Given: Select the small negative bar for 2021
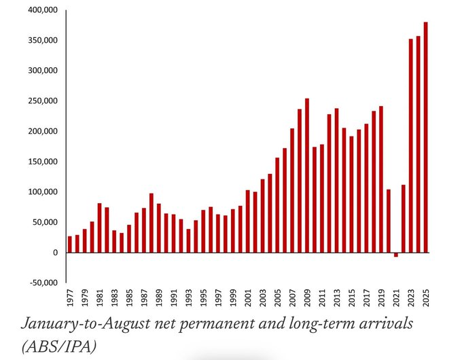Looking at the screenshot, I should coord(396,255).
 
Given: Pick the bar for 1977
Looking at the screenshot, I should coord(69,245).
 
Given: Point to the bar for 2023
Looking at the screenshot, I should coord(410,146).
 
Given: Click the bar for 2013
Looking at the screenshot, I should coord(336,181).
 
